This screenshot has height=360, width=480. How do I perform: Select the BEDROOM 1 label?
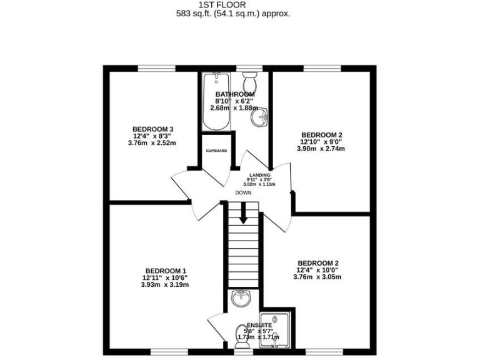coord(165,271)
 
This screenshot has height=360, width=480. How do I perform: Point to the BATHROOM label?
coord(234,94)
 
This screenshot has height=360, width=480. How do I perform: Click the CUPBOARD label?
coord(216,151)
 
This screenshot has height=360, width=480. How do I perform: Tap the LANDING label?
coord(259,175)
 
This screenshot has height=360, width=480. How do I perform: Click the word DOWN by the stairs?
coord(243,193)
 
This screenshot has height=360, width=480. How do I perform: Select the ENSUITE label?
coord(259,326)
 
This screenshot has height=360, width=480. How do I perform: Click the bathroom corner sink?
coord(263,116)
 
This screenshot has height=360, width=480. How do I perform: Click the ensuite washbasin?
coord(240,299)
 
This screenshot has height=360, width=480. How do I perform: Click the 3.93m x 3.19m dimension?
coord(165,284)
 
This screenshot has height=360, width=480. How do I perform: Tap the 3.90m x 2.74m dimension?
coord(322,149)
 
